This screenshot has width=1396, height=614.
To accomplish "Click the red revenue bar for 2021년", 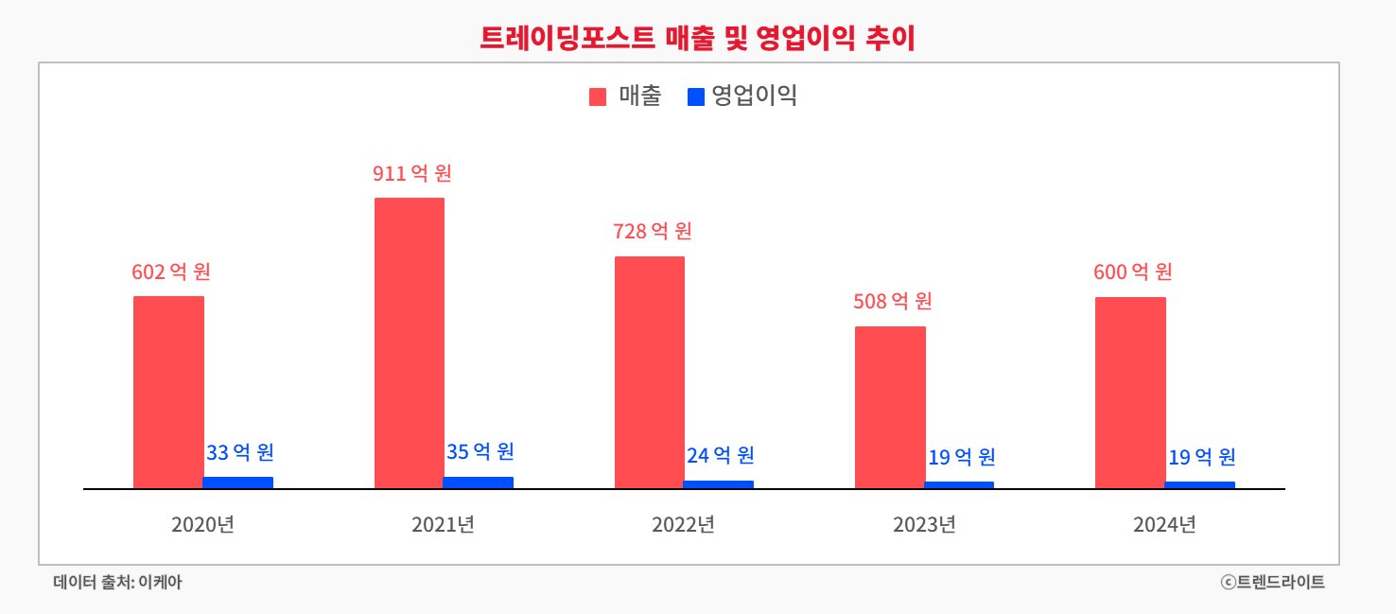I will coord(409,342).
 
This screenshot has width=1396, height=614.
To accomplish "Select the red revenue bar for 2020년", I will coord(168,392).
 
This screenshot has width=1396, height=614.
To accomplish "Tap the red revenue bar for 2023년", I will coord(890,407).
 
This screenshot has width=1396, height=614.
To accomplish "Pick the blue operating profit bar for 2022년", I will coord(719,484).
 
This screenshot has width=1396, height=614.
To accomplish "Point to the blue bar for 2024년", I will coord(1199,484).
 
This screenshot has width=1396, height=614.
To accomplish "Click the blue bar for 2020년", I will coord(237,482).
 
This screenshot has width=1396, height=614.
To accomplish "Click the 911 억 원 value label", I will coord(412,174).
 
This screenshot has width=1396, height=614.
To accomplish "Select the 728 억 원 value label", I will coord(653,231).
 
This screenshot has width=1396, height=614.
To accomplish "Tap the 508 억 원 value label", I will coord(893,302).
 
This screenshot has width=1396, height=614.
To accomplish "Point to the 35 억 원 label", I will coord(480,451).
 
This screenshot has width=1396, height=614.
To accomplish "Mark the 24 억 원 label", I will coord(720,456).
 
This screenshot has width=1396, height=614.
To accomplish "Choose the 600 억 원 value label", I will coord(1133,272).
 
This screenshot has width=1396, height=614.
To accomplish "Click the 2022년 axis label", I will coord(683,524).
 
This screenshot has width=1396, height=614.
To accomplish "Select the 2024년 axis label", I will coord(1164,524).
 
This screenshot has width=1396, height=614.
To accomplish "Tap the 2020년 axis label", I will coord(202,524).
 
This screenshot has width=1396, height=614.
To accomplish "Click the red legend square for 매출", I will coord(598,96).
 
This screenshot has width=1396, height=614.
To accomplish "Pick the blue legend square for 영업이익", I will coord(696,96).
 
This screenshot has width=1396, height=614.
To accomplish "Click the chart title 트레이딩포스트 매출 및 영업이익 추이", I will coord(698,37).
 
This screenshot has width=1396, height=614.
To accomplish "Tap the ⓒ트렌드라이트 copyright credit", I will coord(1272,583).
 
